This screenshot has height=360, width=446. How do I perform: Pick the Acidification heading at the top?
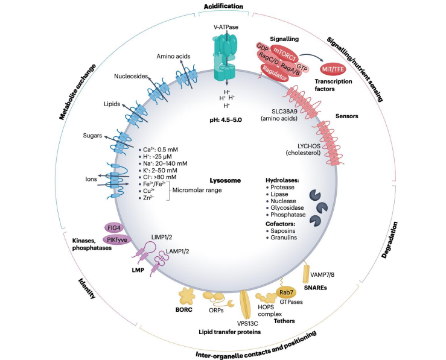click(223, 7)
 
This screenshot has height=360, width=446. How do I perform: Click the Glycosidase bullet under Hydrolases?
click(288, 206)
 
